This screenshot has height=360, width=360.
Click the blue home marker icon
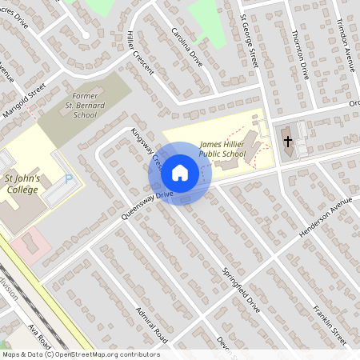point(179,173)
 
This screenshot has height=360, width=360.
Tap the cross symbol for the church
point(287,142)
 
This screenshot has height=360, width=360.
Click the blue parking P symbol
point(69,180)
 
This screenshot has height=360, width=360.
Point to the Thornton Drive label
point(301,54)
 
